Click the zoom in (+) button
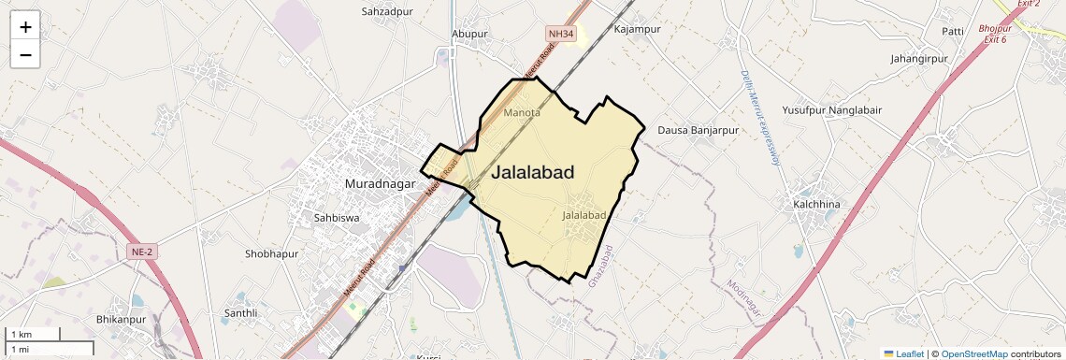25,27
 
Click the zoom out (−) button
25,55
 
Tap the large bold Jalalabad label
533,172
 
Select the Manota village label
522,113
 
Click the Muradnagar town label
380,183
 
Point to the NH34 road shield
561,35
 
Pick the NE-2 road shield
138,252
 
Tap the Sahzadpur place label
387,11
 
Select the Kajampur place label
638,29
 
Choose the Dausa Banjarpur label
698,130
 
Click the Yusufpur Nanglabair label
831,109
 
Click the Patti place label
953,32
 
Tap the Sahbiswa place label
337,217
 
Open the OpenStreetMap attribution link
973,354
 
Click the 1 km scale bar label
22,334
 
